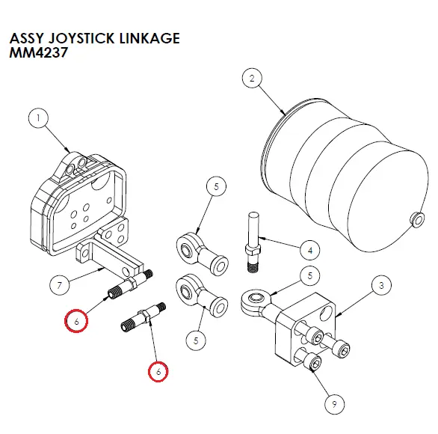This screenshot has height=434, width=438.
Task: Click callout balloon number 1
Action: click(x=37, y=118)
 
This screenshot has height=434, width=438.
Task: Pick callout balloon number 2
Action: click(x=252, y=79)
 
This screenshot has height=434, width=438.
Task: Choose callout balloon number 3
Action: click(x=380, y=285)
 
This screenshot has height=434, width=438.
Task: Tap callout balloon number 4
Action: click(x=309, y=249)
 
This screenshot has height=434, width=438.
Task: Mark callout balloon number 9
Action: click(x=332, y=405)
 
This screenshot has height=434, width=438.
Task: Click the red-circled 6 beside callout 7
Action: click(x=75, y=320)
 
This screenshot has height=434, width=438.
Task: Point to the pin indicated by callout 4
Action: click(x=251, y=235)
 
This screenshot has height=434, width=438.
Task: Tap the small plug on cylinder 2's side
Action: click(x=413, y=218)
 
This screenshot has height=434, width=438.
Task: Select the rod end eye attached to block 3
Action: click(x=252, y=301)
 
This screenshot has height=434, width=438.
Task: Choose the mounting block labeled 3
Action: click(x=299, y=329)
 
